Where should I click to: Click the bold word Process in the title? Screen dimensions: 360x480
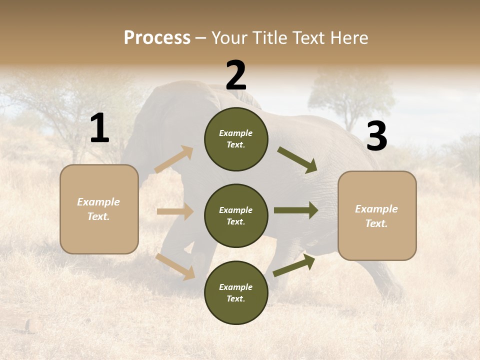click(157, 38)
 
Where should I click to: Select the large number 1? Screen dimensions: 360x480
click(99, 128)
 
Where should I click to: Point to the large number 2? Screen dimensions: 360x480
click(236, 75)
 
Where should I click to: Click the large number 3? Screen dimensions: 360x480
click(376, 136)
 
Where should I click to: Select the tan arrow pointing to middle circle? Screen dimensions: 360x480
click(175, 211)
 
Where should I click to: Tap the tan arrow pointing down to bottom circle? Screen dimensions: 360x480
click(175, 266)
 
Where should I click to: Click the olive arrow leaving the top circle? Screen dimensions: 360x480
click(297, 159)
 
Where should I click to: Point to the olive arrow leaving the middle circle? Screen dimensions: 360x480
click(296, 210)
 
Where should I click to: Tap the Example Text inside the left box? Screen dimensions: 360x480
click(99, 209)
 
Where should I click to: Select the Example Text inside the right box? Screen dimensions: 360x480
click(376, 216)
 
